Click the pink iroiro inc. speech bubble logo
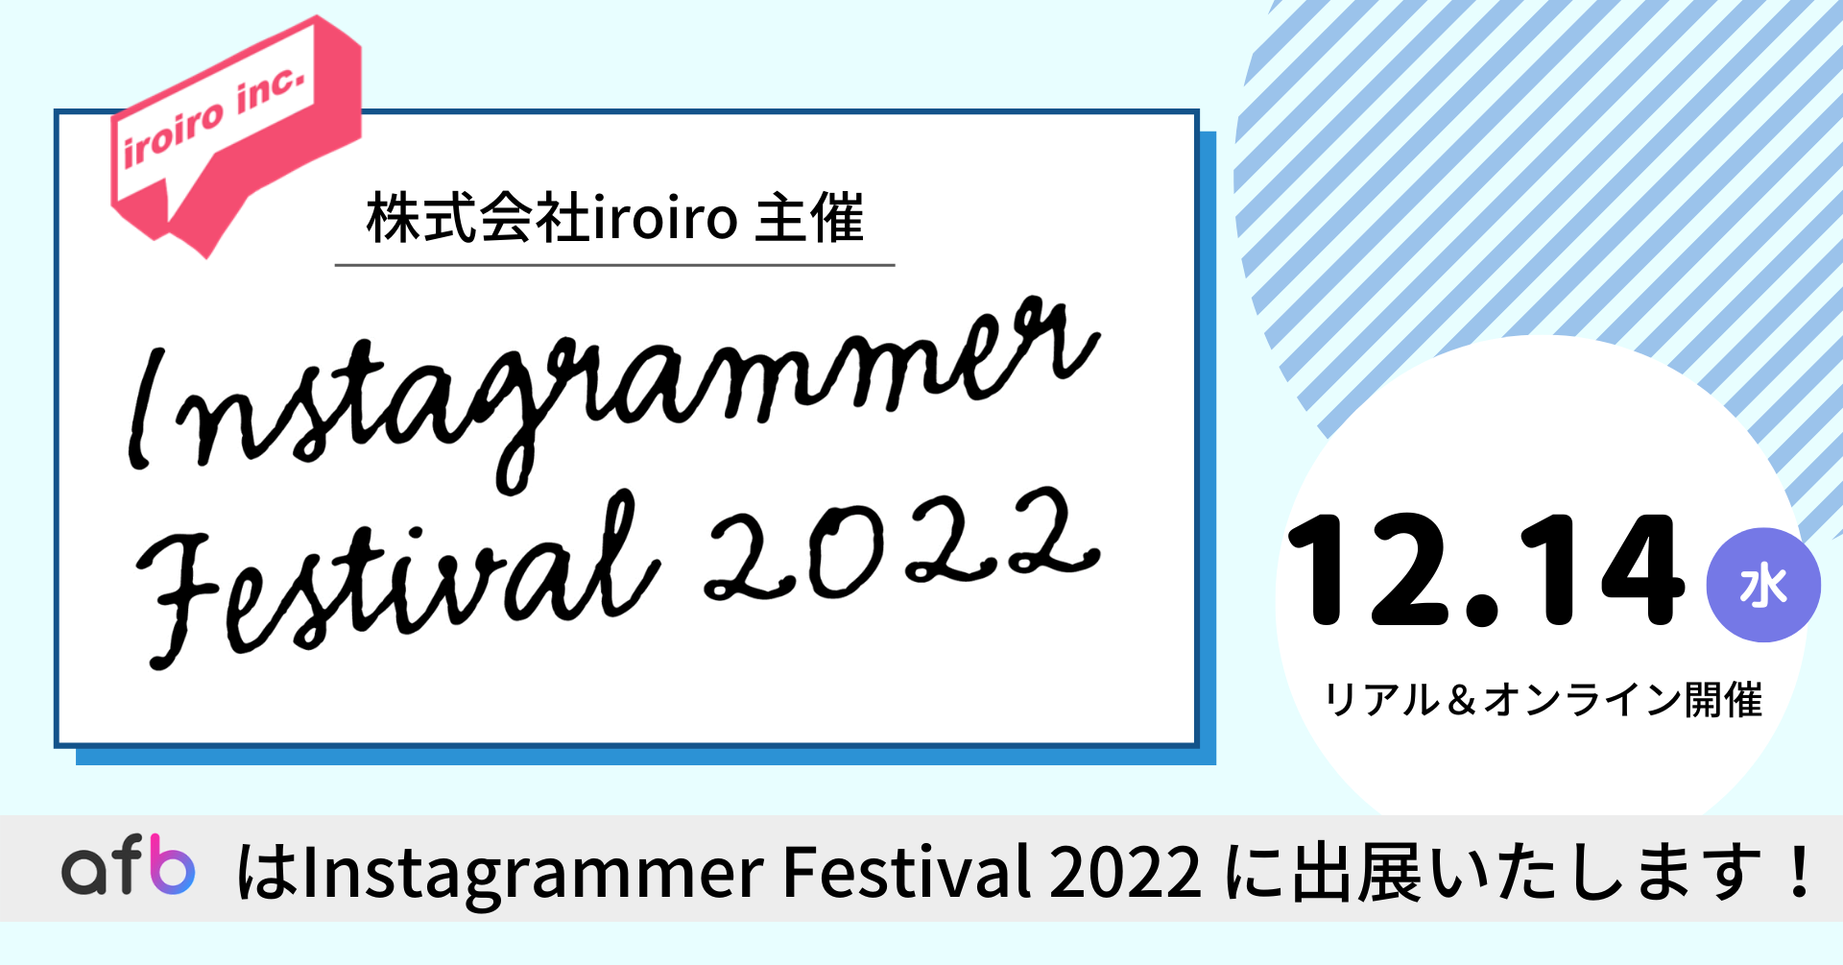[235, 134]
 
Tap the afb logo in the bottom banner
[129, 865]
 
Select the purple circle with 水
[1763, 585]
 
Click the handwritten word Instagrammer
[614, 394]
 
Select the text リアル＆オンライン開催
[1544, 700]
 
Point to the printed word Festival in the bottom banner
[907, 871]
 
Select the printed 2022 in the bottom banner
[1125, 872]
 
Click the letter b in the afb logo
[173, 864]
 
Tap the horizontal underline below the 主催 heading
[614, 264]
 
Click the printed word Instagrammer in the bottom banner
[533, 874]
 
